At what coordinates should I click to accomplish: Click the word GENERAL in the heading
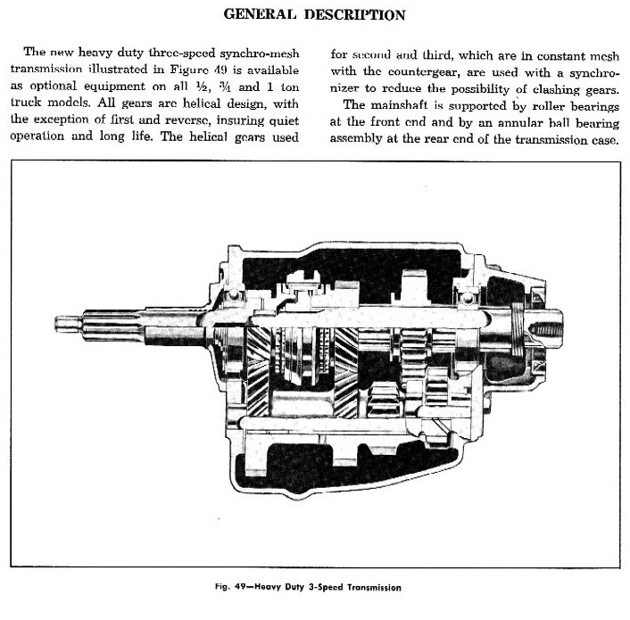point(260,16)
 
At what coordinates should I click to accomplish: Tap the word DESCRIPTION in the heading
point(349,16)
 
